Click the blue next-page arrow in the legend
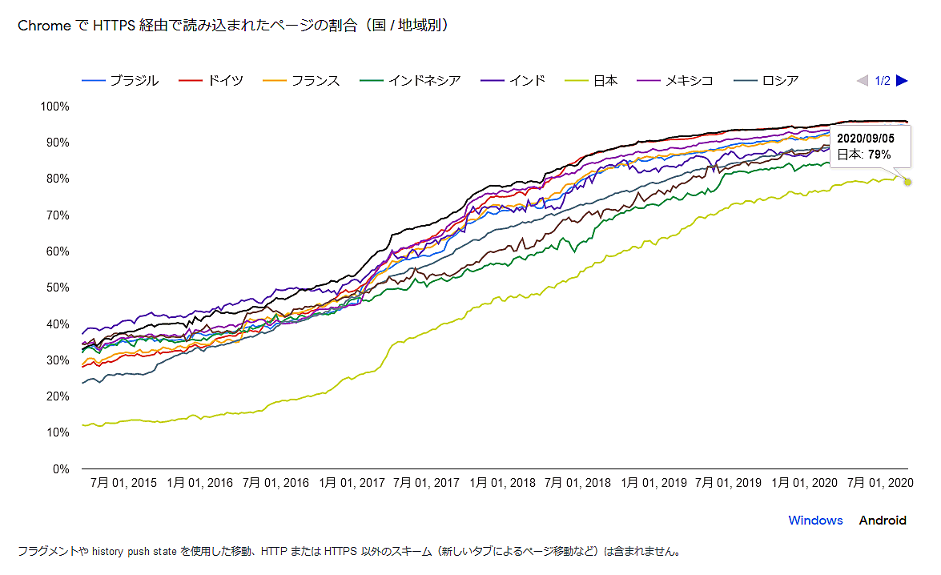tap(902, 81)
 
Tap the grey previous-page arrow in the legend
tap(862, 81)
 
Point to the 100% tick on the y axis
tap(55, 107)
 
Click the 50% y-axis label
tap(58, 287)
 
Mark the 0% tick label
tap(61, 468)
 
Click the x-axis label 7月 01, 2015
tap(124, 483)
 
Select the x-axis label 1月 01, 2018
tap(501, 483)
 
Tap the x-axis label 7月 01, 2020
tap(879, 483)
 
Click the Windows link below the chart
tap(815, 521)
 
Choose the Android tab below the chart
tap(883, 521)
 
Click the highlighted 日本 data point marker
tap(907, 182)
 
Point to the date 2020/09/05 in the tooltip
tap(866, 139)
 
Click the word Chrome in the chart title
tap(43, 26)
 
